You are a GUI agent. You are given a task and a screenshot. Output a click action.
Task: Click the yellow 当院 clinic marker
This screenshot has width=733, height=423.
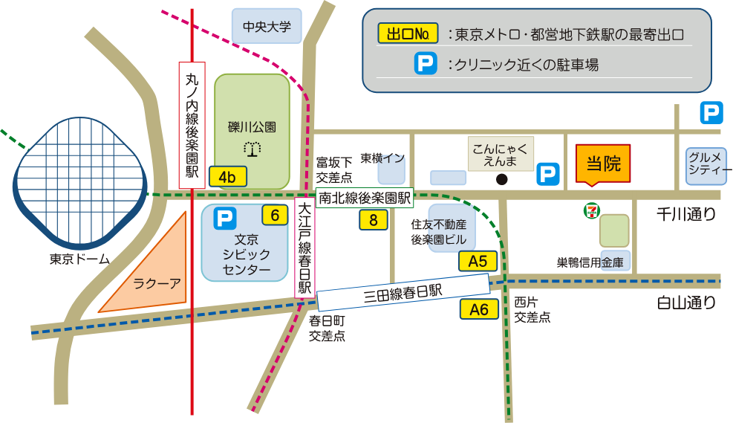(x=603, y=164)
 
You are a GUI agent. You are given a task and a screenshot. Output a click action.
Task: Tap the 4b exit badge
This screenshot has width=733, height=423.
(x=227, y=177)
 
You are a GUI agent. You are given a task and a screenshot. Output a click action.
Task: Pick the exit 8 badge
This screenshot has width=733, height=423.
(x=373, y=219)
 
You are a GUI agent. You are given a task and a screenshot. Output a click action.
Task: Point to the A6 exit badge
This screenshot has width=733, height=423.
(x=479, y=309)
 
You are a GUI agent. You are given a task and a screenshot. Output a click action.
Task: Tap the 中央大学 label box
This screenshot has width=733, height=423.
(x=267, y=28)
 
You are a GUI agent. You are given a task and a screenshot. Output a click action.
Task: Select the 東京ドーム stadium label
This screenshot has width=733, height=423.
(x=79, y=259)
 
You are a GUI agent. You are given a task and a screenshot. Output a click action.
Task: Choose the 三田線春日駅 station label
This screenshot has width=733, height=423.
(x=403, y=292)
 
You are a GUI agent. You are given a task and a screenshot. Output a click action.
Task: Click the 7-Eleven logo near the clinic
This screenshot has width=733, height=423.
(x=591, y=210)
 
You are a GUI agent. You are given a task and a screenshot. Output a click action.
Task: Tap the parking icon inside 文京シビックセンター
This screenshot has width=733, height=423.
(x=224, y=218)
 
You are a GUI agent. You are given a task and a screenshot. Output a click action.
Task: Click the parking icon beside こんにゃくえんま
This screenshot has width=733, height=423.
(x=547, y=174)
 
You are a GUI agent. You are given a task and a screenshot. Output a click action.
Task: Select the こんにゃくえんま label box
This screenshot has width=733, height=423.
(x=501, y=154)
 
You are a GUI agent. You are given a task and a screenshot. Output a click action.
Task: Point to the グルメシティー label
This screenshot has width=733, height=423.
(x=706, y=164)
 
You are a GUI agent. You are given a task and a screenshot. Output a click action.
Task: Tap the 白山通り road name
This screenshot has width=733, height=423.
(x=687, y=303)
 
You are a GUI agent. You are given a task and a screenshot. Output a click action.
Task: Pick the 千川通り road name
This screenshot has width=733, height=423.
(x=687, y=215)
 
